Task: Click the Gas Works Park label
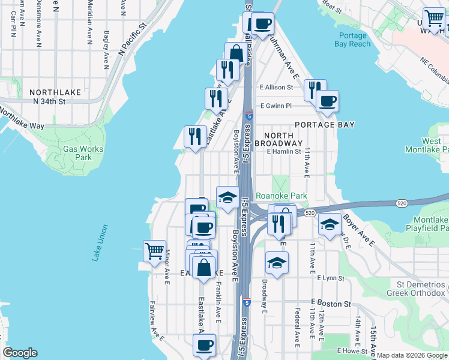[83, 153]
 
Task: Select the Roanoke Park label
[282, 196]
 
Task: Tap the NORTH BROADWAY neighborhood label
[279, 139]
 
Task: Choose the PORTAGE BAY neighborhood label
[324, 125]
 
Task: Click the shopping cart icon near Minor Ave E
[154, 251]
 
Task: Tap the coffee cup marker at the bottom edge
[205, 346]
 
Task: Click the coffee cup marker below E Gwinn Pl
[327, 101]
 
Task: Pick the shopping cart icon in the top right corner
[433, 19]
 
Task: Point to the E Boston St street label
[331, 304]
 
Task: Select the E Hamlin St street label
[284, 152]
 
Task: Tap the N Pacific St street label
[133, 40]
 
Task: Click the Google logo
[20, 353]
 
